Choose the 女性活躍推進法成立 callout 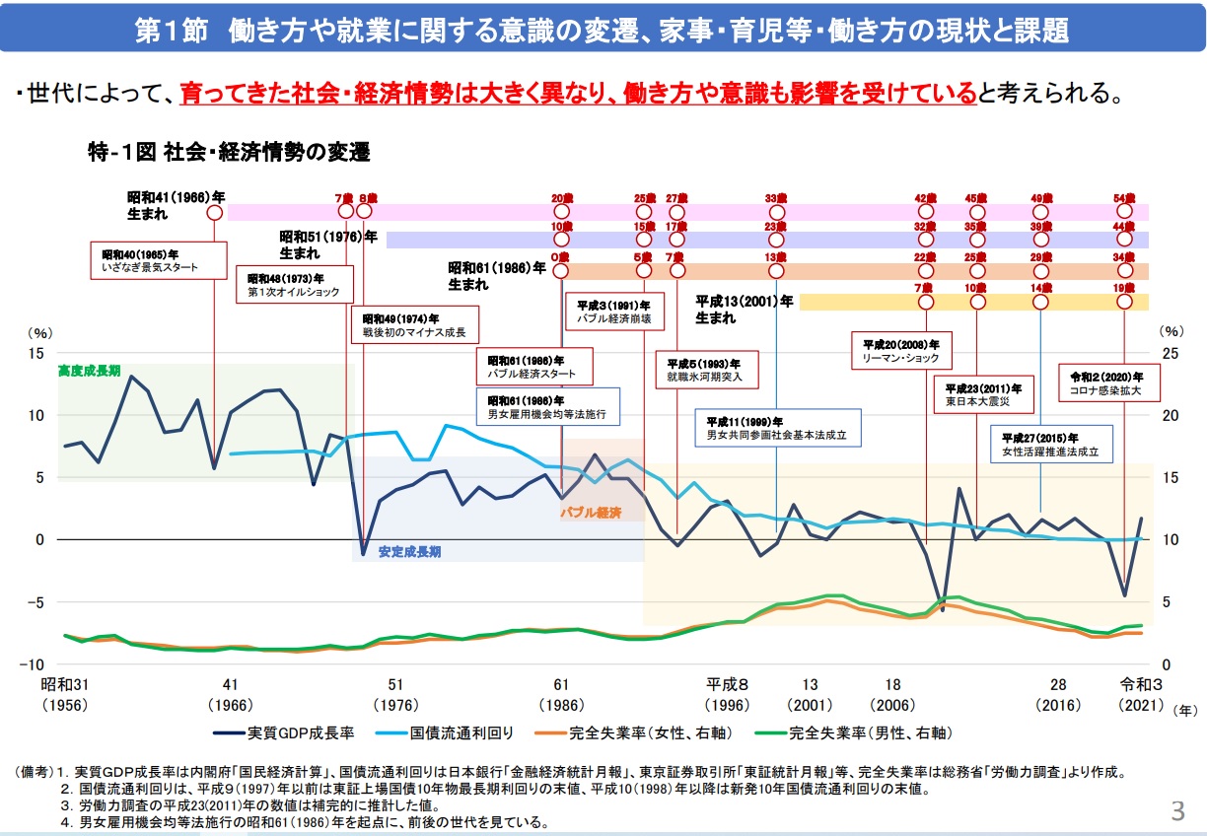point(1051,445)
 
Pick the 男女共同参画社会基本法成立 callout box point(777,427)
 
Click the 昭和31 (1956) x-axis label point(64,694)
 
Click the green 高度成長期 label point(89,371)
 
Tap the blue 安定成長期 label point(409,551)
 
